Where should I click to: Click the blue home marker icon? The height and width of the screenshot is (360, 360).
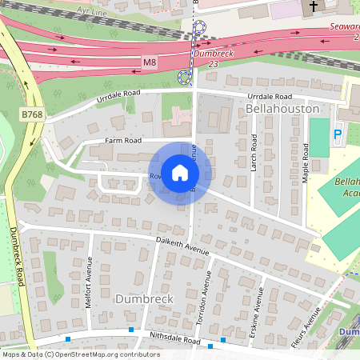tap(180, 172)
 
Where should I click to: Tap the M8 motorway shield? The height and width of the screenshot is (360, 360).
tap(149, 62)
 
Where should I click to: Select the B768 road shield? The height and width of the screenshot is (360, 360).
tap(33, 115)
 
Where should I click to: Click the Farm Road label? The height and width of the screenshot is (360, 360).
tap(123, 141)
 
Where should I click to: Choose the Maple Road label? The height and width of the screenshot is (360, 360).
tap(305, 164)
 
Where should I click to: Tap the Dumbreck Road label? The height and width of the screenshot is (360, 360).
tap(15, 256)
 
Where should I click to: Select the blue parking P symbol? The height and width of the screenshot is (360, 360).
tap(337, 135)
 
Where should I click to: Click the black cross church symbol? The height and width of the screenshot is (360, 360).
tap(312, 6)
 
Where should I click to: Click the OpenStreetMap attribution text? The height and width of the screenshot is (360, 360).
tap(81, 354)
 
